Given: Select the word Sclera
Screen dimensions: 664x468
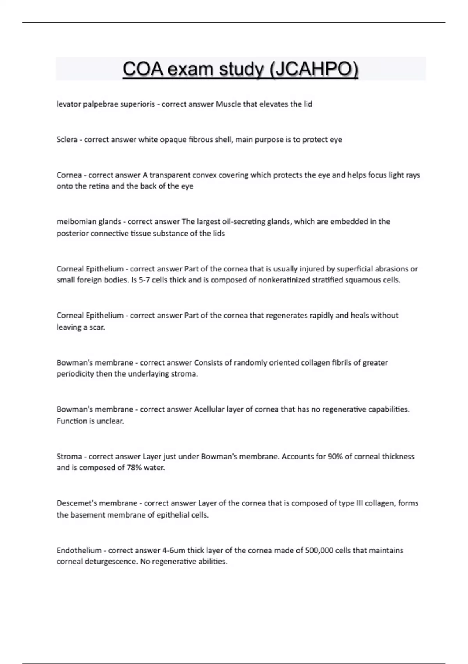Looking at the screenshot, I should (x=67, y=139).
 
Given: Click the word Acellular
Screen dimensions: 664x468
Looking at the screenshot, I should (x=209, y=409).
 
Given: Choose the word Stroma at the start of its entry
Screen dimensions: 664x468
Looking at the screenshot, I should (x=69, y=456).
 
